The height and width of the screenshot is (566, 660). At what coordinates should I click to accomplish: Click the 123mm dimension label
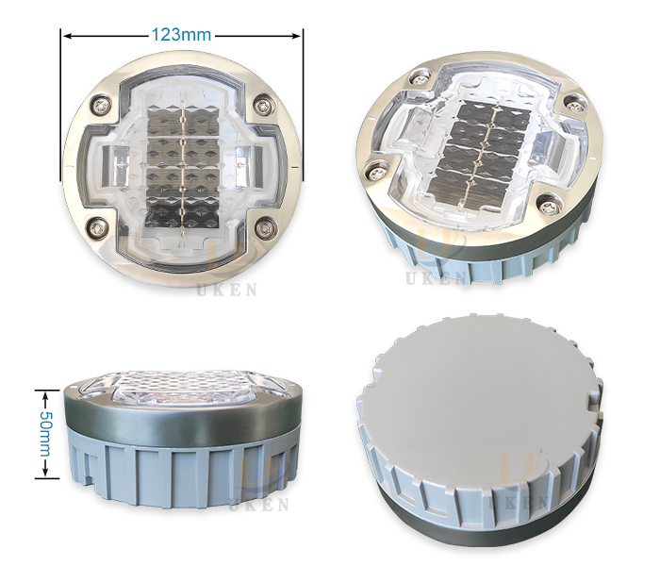pos(182,34)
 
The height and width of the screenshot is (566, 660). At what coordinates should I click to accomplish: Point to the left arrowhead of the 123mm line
pos(66,35)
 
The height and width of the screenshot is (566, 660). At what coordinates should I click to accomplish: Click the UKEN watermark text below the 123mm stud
pos(226,291)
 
